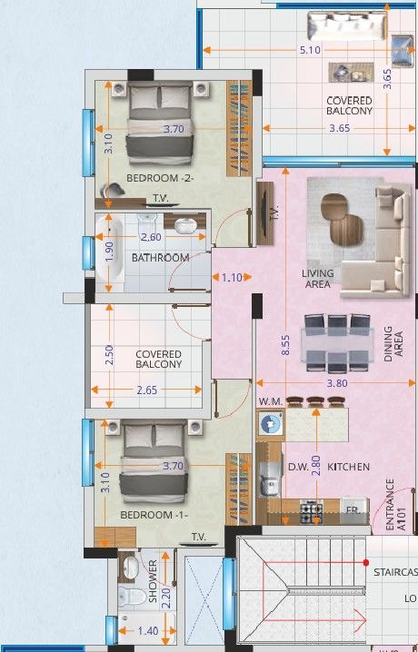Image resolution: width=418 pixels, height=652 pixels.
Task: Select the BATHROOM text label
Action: (x=160, y=258)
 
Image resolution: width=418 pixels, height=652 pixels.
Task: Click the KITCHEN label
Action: (x=349, y=467)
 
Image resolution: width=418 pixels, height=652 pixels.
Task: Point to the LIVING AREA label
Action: (x=318, y=279)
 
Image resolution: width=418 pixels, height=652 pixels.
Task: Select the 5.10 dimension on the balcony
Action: (x=309, y=50)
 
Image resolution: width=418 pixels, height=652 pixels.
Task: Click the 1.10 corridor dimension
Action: (x=231, y=278)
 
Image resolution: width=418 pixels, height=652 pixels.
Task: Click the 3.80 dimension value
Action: (x=336, y=383)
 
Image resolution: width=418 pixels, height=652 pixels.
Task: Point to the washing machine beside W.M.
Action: (x=270, y=423)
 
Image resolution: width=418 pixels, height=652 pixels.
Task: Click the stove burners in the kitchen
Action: (x=312, y=511)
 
